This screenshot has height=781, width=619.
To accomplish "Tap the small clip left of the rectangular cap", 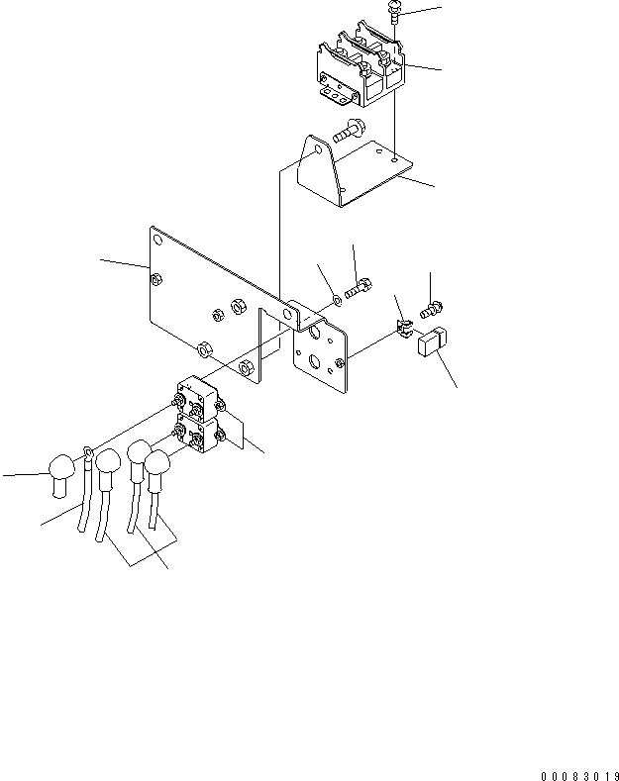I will pyautogui.click(x=404, y=328).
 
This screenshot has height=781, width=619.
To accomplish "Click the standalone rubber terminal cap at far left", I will pyautogui.click(x=61, y=471).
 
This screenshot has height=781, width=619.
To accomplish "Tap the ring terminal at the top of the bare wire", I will pyautogui.click(x=90, y=456).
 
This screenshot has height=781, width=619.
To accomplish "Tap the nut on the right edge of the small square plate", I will pyautogui.click(x=341, y=362).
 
